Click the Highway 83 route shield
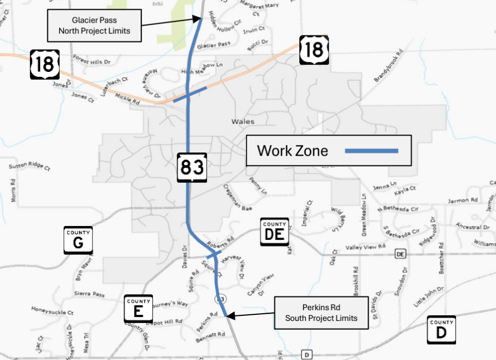click(192, 167)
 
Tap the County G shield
click(78, 240)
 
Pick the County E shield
click(139, 309)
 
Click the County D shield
click(441, 330)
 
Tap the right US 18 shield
click(313, 50)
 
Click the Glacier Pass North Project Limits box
click(94, 26)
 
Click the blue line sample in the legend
click(371, 150)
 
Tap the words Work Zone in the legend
click(292, 150)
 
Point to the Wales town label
click(243, 122)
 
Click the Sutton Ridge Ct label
click(29, 167)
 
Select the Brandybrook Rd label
click(389, 66)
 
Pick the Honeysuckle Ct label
click(52, 311)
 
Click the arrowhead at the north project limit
click(199, 19)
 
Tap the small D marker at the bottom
click(307, 354)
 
